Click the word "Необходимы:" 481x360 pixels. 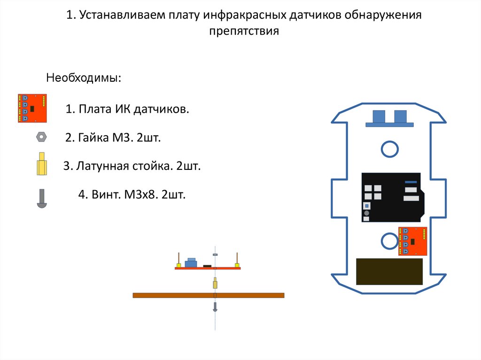coord(83,78)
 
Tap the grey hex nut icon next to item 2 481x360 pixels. coord(41,137)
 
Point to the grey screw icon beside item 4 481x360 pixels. coord(41,198)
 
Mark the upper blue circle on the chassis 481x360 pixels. coord(389,149)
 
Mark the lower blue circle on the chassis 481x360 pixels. coord(389,241)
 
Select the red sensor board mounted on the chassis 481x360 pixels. coord(413,241)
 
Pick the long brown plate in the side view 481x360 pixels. coord(208,295)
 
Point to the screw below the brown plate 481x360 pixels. coord(215,306)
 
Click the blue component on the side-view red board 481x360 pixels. coord(191,263)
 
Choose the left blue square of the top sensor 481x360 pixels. coord(378,115)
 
